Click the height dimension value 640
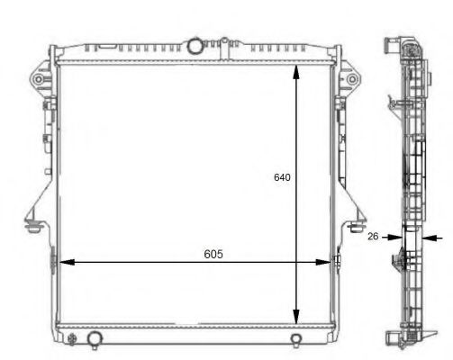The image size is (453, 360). pos(282,178)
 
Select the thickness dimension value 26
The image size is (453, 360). pos(372,237)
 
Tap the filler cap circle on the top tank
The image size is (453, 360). pos(195,45)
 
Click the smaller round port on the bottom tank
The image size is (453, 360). pos(296,338)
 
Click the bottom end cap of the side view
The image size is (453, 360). pos(396,337)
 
